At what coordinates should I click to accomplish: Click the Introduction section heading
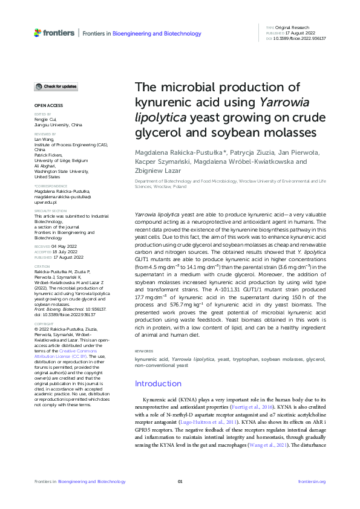tap(158, 383)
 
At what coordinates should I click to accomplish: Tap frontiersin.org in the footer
tap(312, 481)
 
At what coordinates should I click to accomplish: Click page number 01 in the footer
tap(180, 481)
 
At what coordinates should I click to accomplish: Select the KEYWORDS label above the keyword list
tap(143, 350)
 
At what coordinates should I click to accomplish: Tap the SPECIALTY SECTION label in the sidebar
tap(50, 211)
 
